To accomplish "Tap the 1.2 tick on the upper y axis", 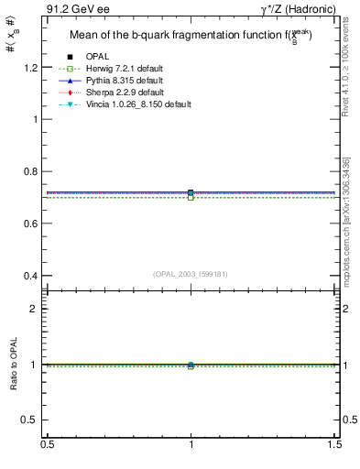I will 31,68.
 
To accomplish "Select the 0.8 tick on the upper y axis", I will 31,171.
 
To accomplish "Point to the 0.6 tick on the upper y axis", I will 31,224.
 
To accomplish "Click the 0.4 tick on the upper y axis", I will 31,276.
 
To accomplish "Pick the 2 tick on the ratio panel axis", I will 36,309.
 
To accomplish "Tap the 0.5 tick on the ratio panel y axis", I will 31,420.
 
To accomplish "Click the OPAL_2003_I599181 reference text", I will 191,273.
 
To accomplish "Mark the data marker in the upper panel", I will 191,193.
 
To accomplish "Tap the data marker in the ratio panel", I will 191,365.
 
